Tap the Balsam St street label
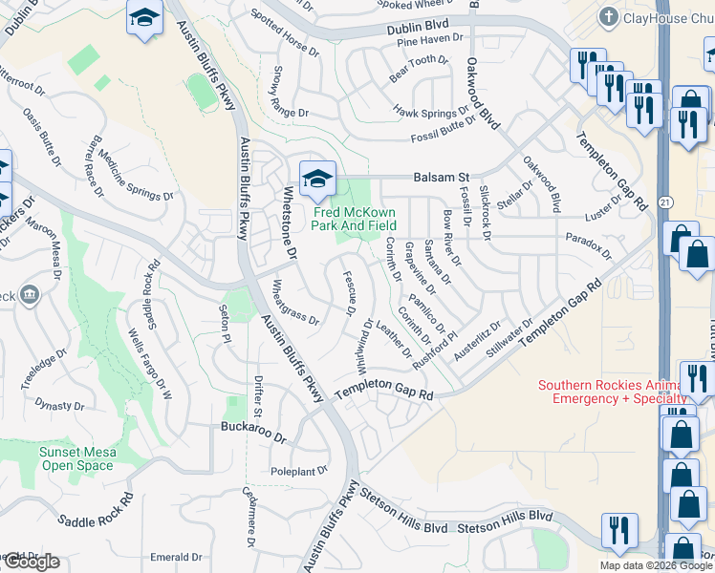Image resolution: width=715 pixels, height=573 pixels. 442,178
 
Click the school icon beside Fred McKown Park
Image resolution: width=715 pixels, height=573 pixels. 317,179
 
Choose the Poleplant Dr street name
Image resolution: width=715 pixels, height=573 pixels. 298,470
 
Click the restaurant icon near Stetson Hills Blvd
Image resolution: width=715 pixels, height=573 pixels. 619,529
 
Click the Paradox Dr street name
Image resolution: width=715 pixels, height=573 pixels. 588,243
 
